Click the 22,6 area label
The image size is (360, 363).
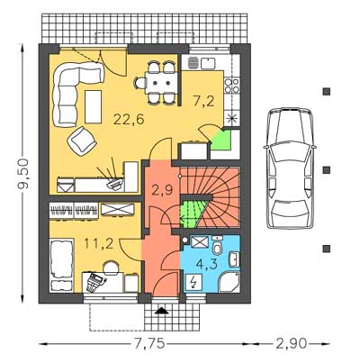[x=129, y=119]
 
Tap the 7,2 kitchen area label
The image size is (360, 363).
[x=204, y=101]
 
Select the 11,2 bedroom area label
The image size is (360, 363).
[x=99, y=244]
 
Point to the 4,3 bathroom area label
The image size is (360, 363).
[x=206, y=264]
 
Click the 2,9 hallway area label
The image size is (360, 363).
[x=162, y=190]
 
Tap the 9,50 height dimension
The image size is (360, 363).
[x=23, y=173]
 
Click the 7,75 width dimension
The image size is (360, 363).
[x=149, y=343]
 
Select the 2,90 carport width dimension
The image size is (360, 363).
[x=291, y=343]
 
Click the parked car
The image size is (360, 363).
[x=290, y=168]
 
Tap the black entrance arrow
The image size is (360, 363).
[x=162, y=311]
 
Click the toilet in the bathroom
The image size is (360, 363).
[x=217, y=249]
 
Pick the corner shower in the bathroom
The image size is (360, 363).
[x=229, y=282]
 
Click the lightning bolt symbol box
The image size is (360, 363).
[x=193, y=282]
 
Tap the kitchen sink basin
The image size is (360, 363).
[x=208, y=62]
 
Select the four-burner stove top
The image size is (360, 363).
[x=232, y=86]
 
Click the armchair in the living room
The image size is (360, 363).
[x=82, y=141]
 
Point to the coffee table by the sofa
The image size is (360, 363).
[x=93, y=106]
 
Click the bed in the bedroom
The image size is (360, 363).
[x=61, y=265]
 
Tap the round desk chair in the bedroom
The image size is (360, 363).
[x=111, y=268]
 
